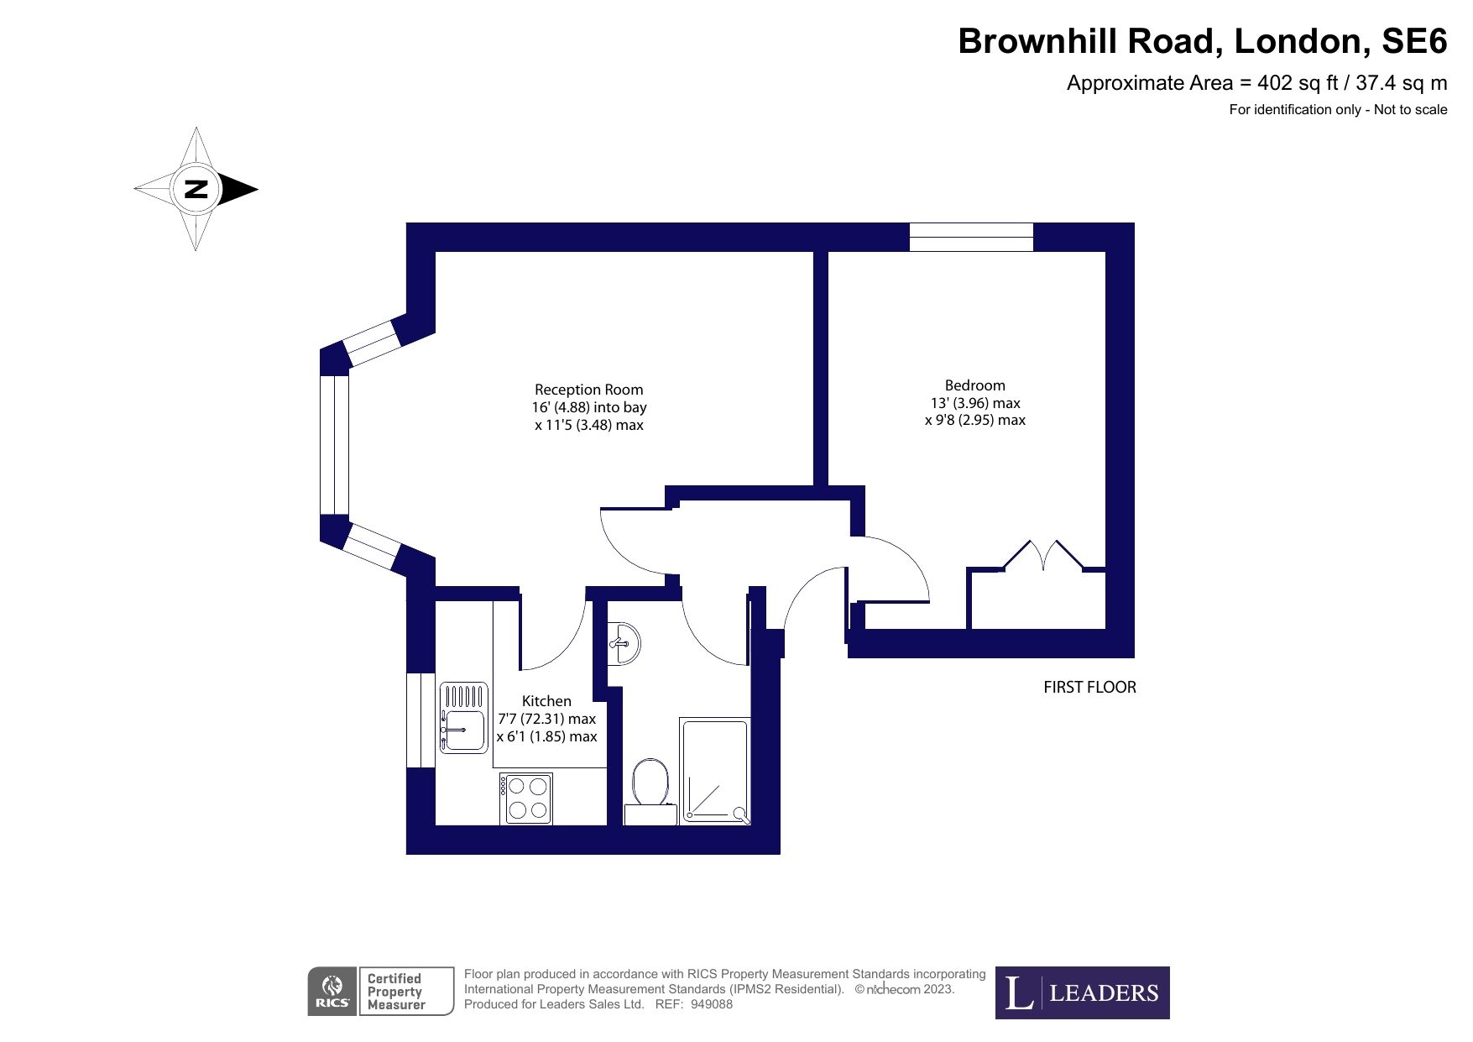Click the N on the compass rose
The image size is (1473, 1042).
point(196,189)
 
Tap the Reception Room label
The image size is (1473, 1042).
point(589,390)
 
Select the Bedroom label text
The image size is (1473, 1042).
point(974,385)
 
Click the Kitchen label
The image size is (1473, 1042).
point(546,701)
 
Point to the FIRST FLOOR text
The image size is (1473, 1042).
point(1089,687)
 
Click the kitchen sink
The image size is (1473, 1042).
point(463,717)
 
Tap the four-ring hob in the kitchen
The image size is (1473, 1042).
point(527,798)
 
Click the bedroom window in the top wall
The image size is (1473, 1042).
point(971,237)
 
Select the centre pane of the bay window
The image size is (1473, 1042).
point(334,444)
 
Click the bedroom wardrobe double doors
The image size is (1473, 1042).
point(1042,557)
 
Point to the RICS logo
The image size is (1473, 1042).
point(333,992)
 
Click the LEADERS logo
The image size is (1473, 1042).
point(1082,992)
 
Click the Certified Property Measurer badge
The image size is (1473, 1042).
point(407,992)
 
